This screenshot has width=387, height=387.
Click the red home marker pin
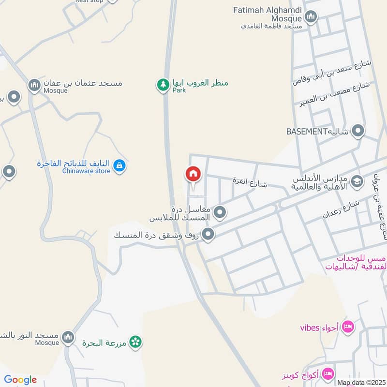pyautogui.click(x=193, y=174)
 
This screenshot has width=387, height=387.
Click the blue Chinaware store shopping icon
pyautogui.click(x=119, y=166)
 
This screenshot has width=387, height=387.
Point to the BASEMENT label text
pyautogui.click(x=307, y=132)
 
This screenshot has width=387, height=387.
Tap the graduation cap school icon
pyautogui.click(x=357, y=181)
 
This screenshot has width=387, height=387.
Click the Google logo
pyautogui.click(x=20, y=380)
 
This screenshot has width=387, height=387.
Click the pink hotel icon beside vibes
pyautogui.click(x=347, y=328)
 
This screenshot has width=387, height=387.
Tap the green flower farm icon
pyautogui.click(x=136, y=342)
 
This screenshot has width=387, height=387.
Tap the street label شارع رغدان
pyautogui.click(x=341, y=209)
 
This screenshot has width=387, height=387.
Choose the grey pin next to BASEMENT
pyautogui.click(x=358, y=131)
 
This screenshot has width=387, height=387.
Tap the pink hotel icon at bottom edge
pyautogui.click(x=328, y=374)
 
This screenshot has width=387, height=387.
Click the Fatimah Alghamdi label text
pyautogui.click(x=268, y=10)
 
